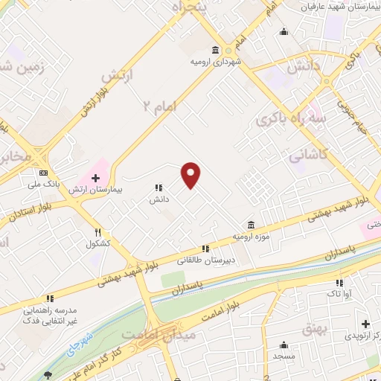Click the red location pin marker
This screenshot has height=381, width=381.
[x=191, y=174]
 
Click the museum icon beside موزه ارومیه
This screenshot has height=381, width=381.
[x=251, y=225]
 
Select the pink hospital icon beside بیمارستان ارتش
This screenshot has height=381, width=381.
[x=95, y=178]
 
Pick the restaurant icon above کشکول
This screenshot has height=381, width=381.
[x=97, y=231]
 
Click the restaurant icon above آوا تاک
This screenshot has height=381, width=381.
[x=339, y=283]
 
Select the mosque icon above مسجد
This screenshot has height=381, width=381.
[x=284, y=345]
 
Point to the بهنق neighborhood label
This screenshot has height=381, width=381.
[x=316, y=328]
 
